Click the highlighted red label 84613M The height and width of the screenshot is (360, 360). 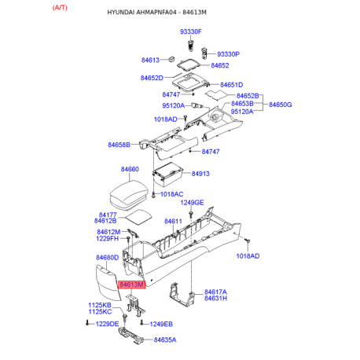pyautogui.click(x=131, y=285)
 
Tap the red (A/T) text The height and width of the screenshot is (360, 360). pyautogui.click(x=60, y=8)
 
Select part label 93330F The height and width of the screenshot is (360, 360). pyautogui.click(x=191, y=31)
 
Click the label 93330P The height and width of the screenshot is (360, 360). pyautogui.click(x=228, y=54)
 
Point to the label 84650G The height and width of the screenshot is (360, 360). pyautogui.click(x=281, y=105)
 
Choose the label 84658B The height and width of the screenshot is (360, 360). pyautogui.click(x=119, y=145)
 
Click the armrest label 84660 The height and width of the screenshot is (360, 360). pyautogui.click(x=130, y=169)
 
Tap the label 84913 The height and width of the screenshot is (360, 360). pyautogui.click(x=200, y=174)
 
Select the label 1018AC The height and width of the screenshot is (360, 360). pyautogui.click(x=171, y=194)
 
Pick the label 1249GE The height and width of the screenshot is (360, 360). pyautogui.click(x=192, y=203)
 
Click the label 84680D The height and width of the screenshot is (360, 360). pyautogui.click(x=107, y=258)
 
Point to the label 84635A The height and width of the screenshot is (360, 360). pyautogui.click(x=165, y=340)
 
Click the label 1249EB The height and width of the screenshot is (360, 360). pyautogui.click(x=161, y=325)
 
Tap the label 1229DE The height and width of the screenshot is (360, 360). pyautogui.click(x=107, y=324)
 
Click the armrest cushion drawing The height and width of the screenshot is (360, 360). pyautogui.click(x=129, y=195)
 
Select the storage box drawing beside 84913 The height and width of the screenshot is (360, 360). pyautogui.click(x=167, y=174)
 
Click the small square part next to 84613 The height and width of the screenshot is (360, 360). pyautogui.click(x=171, y=59)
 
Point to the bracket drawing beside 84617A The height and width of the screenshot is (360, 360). pyautogui.click(x=182, y=294)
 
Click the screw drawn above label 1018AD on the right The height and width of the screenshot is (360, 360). pyautogui.click(x=248, y=241)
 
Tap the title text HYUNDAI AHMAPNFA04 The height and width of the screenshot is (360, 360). pyautogui.click(x=141, y=13)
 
